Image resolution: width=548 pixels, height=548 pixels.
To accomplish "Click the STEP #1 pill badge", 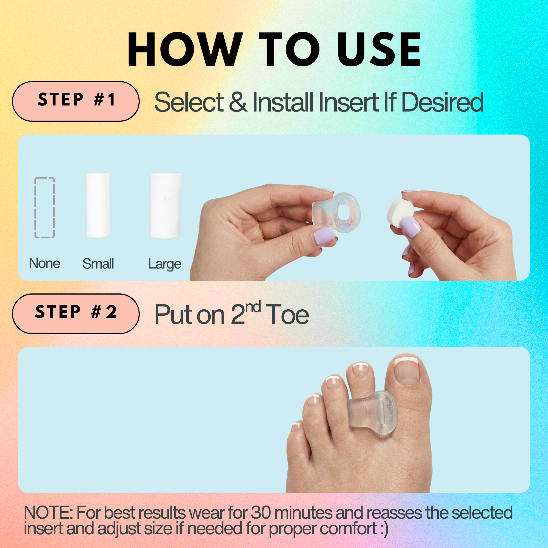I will pos(76,101).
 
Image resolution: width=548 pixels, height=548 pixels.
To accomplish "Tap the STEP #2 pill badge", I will pos(76,313).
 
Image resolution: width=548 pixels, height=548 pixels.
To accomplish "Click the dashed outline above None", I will pos(45,207).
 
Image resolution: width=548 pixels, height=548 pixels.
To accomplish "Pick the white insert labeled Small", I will pos(98,205).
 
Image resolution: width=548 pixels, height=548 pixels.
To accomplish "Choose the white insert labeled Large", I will pos(166,206).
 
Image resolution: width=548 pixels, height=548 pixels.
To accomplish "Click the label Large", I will pos(164,264).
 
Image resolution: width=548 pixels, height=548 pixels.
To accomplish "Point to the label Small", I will pos(98,264).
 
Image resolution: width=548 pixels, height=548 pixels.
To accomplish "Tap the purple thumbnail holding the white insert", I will pos(410,226).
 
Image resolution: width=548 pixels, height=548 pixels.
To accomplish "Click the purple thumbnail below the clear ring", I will pos(324,235).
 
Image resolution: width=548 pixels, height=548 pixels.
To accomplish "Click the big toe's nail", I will pos(406,370).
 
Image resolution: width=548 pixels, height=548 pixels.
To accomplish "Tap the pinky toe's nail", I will pos(296,425).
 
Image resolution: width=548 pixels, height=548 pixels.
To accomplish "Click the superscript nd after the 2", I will pos(253,307).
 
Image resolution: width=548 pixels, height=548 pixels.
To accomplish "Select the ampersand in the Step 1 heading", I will pos(238,102).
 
